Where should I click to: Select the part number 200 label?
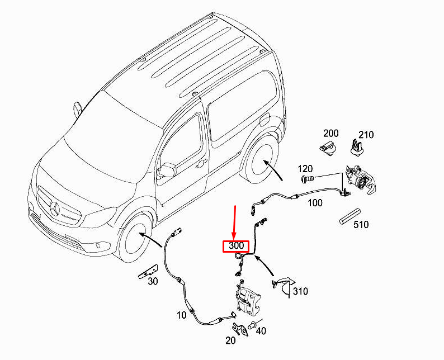(331, 134)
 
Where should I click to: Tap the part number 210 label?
(366, 135)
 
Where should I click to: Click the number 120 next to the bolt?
(305, 169)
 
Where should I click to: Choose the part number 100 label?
(315, 203)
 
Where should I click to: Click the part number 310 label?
(300, 291)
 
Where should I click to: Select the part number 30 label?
(153, 282)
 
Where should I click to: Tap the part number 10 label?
(181, 315)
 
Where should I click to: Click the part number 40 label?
(261, 331)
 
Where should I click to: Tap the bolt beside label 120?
(307, 179)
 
